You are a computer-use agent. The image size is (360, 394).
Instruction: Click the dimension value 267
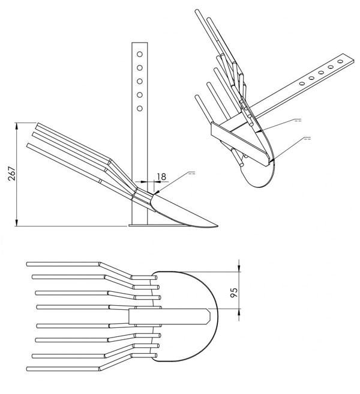pyautogui.click(x=12, y=174)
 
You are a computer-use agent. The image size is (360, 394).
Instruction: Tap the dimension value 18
pyautogui.click(x=161, y=177)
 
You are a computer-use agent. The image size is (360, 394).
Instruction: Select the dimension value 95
pyautogui.click(x=234, y=292)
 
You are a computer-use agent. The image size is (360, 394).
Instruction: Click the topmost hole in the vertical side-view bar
pyautogui.click(x=140, y=54)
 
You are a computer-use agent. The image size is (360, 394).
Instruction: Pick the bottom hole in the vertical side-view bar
pyautogui.click(x=140, y=108)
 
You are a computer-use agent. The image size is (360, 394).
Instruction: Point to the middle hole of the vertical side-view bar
pyautogui.click(x=140, y=81)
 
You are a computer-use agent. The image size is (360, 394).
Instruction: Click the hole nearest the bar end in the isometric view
pyautogui.click(x=340, y=61)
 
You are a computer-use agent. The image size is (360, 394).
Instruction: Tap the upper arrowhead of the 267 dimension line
pyautogui.click(x=17, y=126)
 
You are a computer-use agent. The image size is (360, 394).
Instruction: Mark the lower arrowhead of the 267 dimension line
pyautogui.click(x=17, y=222)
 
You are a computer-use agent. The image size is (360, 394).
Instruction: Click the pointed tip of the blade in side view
pyautogui.click(x=217, y=226)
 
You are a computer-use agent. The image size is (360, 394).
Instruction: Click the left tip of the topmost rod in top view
pyautogui.click(x=28, y=264)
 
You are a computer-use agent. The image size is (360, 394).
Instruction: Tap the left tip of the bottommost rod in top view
pyautogui.click(x=28, y=369)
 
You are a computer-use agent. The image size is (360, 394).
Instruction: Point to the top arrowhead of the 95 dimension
pyautogui.click(x=239, y=268)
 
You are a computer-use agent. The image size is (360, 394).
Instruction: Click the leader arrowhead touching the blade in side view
pyautogui.click(x=157, y=192)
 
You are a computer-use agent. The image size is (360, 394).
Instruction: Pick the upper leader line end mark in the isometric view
pyautogui.click(x=298, y=120)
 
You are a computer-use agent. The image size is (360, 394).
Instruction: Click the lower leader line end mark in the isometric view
pyautogui.click(x=307, y=138)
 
